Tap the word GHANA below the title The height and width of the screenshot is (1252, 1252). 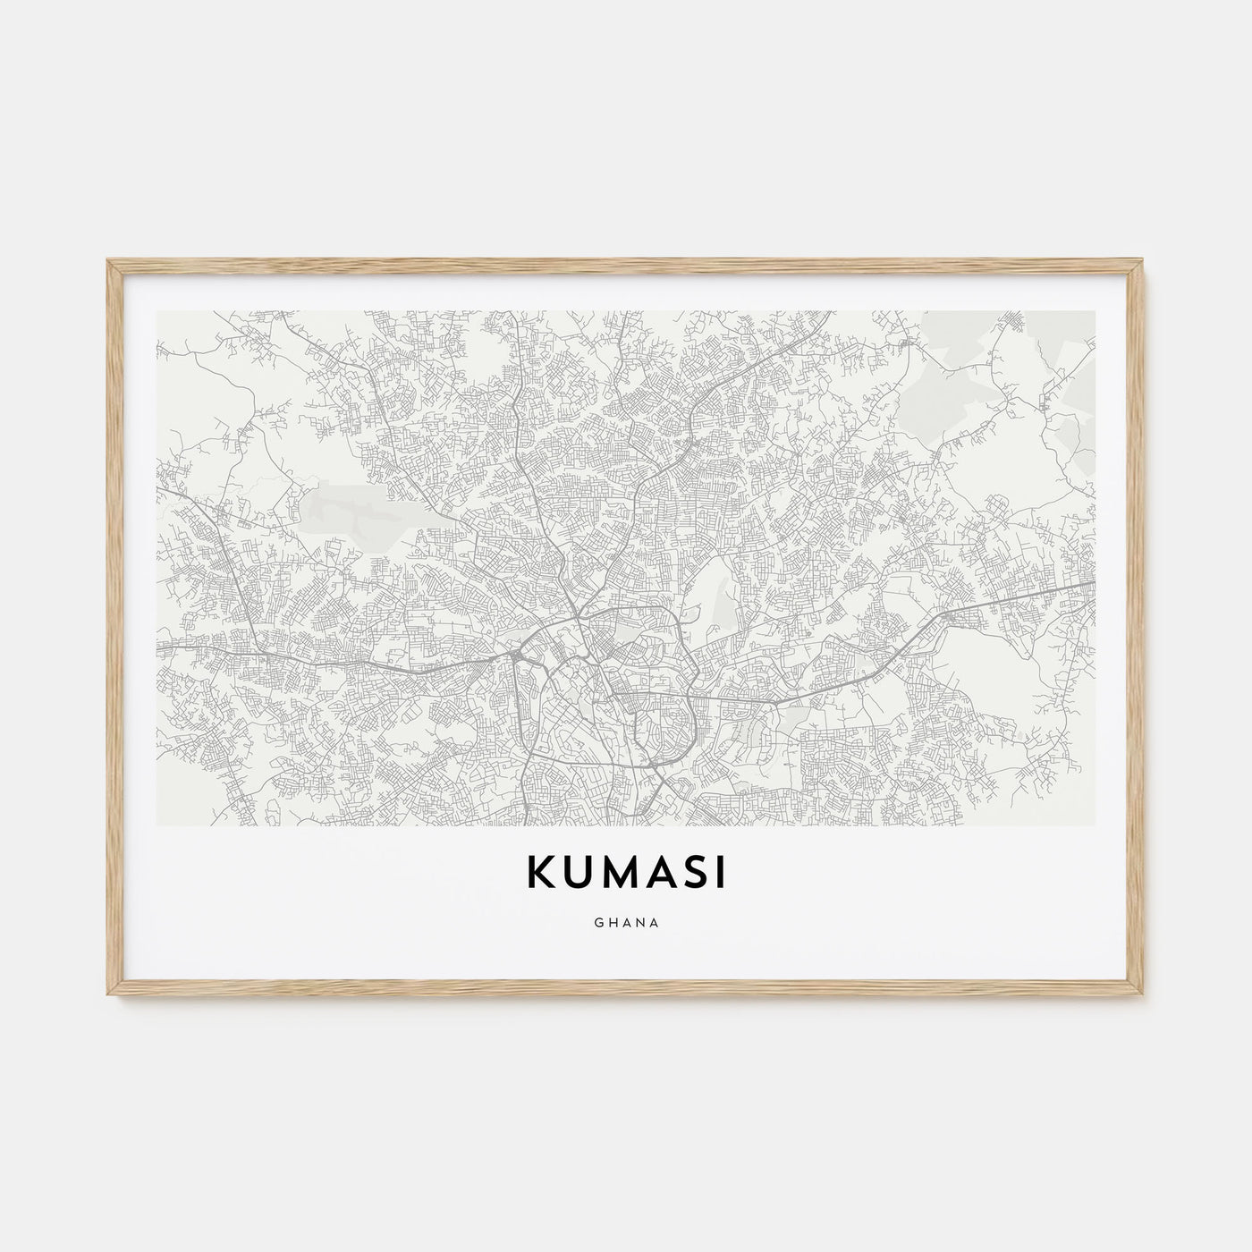click(626, 924)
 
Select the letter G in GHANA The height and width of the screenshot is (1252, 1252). click(596, 924)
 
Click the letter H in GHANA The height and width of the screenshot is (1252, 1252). click(611, 924)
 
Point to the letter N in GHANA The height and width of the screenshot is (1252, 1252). click(640, 924)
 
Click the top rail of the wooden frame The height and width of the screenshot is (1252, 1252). click(626, 263)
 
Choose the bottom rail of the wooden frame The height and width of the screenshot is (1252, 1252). click(626, 994)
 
